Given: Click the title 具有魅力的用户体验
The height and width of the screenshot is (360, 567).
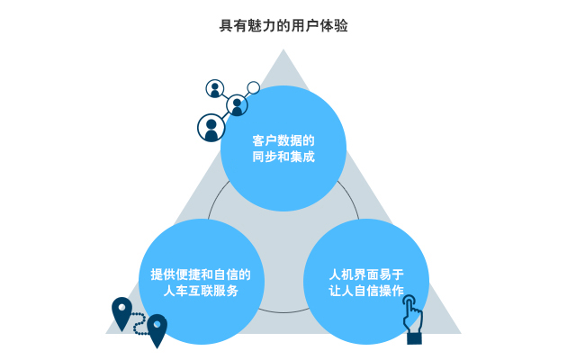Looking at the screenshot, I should tap(283, 26).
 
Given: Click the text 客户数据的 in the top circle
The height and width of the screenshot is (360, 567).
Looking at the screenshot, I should tap(283, 140).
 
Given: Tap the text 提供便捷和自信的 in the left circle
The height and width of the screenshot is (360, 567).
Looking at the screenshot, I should tap(200, 274).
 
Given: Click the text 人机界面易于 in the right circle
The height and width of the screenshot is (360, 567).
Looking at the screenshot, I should tap(366, 274).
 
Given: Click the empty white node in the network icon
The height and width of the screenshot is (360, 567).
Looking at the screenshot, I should tap(254, 88).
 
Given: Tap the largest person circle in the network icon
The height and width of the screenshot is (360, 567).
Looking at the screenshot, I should tap(211, 127).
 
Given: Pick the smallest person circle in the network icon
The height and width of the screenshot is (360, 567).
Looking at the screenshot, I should tap(214, 89).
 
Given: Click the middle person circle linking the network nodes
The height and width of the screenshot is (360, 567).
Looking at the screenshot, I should tap(237, 104).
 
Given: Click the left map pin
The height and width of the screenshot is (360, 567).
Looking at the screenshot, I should tap(121, 312).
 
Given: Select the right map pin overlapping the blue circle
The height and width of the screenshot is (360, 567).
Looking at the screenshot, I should tap(157, 328).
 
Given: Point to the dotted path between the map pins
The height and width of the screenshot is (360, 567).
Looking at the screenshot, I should tap(139, 326).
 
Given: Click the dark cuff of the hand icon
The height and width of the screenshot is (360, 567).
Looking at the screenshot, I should tap(413, 337).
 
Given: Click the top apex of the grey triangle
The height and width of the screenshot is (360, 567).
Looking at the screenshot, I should tap(283, 50).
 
